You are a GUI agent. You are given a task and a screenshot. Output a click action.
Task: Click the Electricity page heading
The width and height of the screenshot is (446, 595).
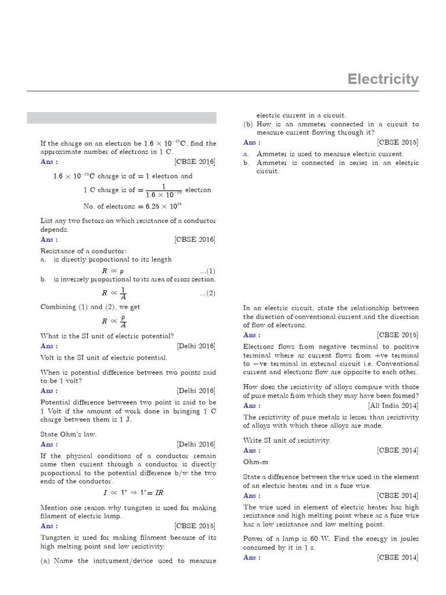pyautogui.click(x=383, y=80)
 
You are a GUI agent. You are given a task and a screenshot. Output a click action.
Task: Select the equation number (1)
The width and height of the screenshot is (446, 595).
pyautogui.click(x=207, y=271)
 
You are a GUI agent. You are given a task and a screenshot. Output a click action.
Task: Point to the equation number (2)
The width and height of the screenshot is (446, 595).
pyautogui.click(x=207, y=293)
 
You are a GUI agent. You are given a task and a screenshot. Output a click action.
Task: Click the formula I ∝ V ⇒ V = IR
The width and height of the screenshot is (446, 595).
pyautogui.click(x=133, y=493)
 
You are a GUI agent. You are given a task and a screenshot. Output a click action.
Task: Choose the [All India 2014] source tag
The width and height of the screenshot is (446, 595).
pyautogui.click(x=393, y=406)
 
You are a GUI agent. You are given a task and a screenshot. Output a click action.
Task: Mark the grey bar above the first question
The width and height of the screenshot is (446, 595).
pyautogui.click(x=121, y=118)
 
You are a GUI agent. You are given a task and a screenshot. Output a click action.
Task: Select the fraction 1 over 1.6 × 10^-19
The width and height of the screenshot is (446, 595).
pyautogui.click(x=163, y=190)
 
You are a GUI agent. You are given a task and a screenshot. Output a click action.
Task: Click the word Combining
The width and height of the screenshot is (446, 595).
pyautogui.click(x=58, y=307)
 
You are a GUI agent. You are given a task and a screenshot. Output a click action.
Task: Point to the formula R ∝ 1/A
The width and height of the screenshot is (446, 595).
pyautogui.click(x=114, y=293)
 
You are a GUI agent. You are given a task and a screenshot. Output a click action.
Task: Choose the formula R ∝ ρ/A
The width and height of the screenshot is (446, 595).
pyautogui.click(x=114, y=321)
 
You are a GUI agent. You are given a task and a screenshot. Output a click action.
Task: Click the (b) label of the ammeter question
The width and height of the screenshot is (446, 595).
pyautogui.click(x=248, y=124)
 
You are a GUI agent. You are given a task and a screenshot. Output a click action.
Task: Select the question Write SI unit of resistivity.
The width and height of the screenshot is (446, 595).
pyautogui.click(x=287, y=440)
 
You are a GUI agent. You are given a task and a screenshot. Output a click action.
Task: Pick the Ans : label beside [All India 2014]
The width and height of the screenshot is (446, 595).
pyautogui.click(x=251, y=406)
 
